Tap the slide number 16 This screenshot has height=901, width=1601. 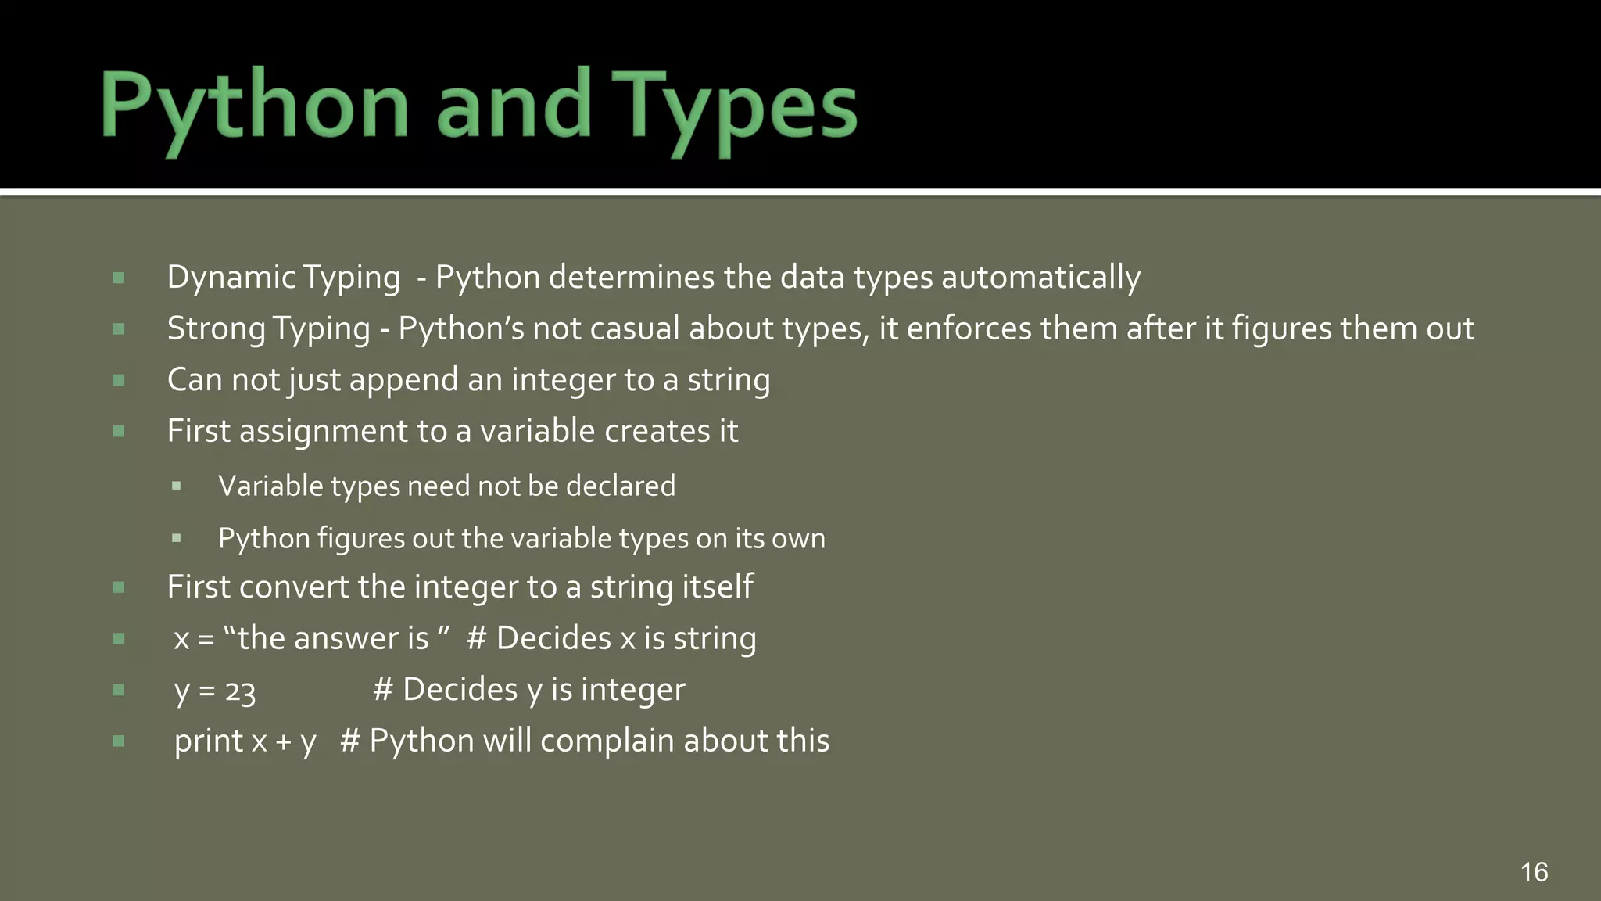[1534, 871]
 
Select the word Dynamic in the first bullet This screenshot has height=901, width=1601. [231, 278]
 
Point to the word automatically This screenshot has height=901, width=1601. [1040, 278]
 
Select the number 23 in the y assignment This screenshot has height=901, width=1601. [240, 691]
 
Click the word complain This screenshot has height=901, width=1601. [607, 741]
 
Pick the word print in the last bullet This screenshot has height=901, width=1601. [209, 741]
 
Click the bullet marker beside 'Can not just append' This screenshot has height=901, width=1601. [119, 381]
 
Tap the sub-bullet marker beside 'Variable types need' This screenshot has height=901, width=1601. [177, 486]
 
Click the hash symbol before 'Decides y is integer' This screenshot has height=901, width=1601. [382, 690]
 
